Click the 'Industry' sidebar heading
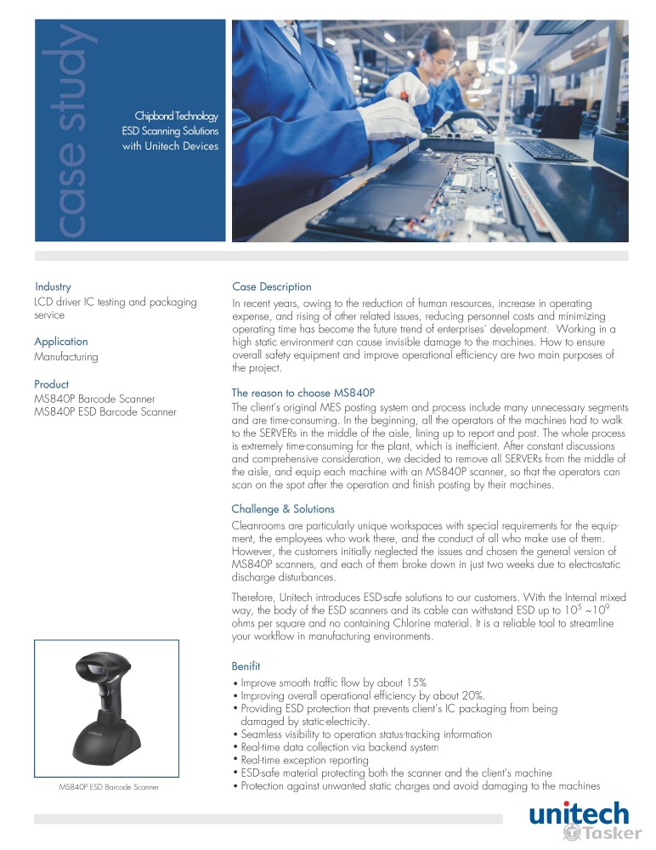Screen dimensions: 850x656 tap(53, 286)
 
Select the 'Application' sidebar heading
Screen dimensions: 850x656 tap(61, 342)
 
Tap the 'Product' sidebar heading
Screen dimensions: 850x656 tap(52, 383)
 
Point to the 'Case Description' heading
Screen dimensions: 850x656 tap(272, 286)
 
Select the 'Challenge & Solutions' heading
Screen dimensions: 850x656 tap(283, 508)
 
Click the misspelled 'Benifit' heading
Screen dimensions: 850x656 tap(246, 666)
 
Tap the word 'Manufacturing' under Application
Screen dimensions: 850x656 tap(66, 357)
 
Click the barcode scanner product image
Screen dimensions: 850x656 tap(105, 710)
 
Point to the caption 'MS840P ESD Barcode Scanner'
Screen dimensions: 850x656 tap(109, 788)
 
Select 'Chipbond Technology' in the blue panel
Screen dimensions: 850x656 tap(177, 116)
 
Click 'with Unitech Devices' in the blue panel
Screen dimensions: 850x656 tap(170, 146)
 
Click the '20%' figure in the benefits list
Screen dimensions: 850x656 tap(471, 694)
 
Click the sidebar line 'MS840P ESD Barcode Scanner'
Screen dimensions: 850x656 tap(105, 412)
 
